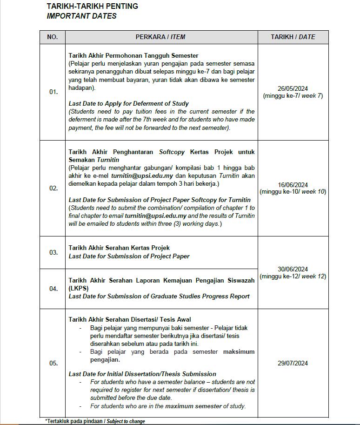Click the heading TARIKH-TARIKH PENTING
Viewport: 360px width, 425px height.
tap(92, 7)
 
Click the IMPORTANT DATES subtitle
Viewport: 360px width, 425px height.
tap(81, 16)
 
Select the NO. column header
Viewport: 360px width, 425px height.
tap(53, 37)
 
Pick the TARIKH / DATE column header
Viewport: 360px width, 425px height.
tap(293, 37)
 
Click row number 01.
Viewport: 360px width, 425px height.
tap(53, 92)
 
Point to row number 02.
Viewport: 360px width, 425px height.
tap(53, 189)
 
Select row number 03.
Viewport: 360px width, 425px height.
tap(53, 252)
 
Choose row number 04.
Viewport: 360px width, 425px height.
tap(53, 289)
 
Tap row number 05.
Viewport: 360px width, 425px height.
tap(53, 364)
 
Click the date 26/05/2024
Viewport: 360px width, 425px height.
tap(293, 89)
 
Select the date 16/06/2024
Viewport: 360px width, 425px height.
tap(293, 185)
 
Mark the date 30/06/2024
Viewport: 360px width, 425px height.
tap(293, 269)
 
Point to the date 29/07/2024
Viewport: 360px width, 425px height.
tap(293, 364)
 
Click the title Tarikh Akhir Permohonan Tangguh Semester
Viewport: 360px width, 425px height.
tap(133, 55)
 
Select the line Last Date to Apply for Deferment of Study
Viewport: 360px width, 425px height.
tap(128, 103)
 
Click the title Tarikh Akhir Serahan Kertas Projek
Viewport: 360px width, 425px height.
tap(119, 248)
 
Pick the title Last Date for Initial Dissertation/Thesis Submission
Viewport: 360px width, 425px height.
tap(142, 374)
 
